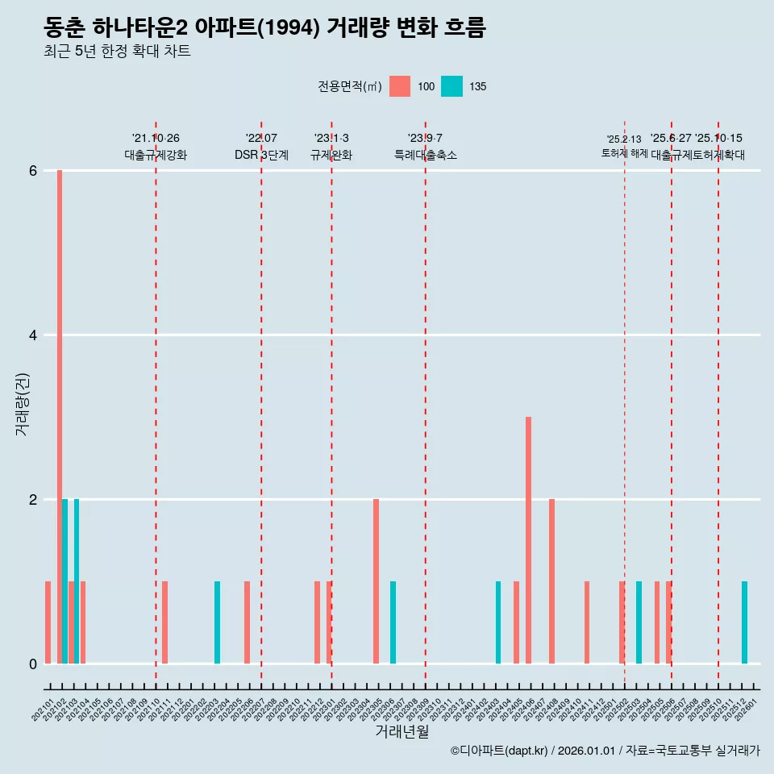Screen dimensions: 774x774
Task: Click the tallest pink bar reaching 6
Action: [x=60, y=416]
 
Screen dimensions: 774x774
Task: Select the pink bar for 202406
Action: [x=528, y=540]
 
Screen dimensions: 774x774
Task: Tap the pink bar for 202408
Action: [x=551, y=581]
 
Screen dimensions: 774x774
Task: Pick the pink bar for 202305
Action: [x=376, y=581]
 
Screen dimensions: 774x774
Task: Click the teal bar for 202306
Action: [x=393, y=622]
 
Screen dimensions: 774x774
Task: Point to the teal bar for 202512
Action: [x=744, y=622]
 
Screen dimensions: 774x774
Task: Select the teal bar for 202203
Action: [x=217, y=622]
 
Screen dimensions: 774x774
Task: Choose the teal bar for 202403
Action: [x=498, y=622]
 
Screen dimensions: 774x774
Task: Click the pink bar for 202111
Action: [x=164, y=622]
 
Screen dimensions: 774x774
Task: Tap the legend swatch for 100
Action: [x=400, y=86]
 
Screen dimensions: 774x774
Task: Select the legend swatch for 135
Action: [x=451, y=86]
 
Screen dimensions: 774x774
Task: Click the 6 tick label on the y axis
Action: [x=33, y=171]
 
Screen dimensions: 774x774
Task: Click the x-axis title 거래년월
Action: [x=402, y=731]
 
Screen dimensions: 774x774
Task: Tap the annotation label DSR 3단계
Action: [x=261, y=155]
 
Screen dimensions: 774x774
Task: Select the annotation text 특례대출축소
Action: [x=425, y=155]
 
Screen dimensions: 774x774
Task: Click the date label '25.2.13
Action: [x=624, y=139]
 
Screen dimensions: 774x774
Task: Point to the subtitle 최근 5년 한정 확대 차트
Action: [x=118, y=52]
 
